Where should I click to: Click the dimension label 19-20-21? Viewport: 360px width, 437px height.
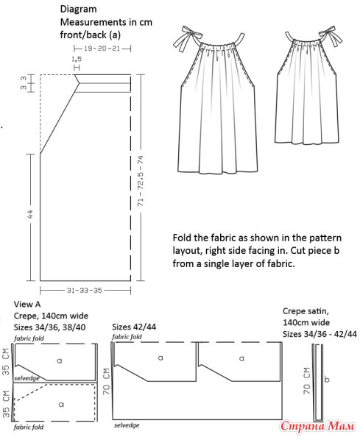[x=102, y=49]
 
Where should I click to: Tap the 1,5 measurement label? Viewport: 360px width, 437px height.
[x=77, y=59]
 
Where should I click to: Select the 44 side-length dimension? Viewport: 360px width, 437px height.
[x=30, y=214]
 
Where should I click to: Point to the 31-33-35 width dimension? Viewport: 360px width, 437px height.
[x=84, y=291]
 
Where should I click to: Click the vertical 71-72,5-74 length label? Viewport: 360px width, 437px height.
[x=141, y=181]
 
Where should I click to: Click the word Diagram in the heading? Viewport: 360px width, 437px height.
[x=78, y=9]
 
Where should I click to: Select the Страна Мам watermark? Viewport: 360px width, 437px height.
[x=317, y=426]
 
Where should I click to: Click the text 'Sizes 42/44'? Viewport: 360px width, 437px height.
[x=134, y=327]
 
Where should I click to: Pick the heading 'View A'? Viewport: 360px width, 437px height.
[x=27, y=304]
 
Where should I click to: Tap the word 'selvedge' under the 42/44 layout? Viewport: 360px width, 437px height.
[x=127, y=425]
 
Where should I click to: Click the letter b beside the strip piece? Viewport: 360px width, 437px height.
[x=327, y=380]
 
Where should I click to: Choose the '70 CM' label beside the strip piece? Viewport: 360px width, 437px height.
[x=306, y=380]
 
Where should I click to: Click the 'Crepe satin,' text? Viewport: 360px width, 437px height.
[x=306, y=311]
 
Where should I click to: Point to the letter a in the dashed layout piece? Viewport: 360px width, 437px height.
[x=61, y=404]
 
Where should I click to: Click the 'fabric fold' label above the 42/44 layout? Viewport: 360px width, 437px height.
[x=127, y=337]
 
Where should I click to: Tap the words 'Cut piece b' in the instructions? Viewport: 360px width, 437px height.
[x=315, y=251]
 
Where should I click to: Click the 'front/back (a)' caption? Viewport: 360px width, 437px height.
[x=91, y=35]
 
